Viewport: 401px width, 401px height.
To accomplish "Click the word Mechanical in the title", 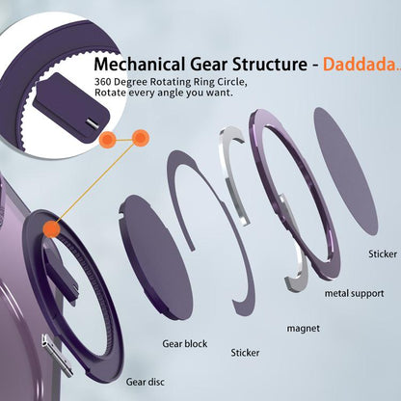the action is [x=140, y=64].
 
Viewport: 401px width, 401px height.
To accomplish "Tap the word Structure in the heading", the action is [x=270, y=64].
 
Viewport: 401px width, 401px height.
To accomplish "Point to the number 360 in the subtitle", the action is [x=102, y=82].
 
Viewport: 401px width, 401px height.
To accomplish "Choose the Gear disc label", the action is [x=146, y=382].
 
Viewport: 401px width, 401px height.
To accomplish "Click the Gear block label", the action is [x=185, y=344].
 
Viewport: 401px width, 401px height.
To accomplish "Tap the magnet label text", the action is [x=304, y=329].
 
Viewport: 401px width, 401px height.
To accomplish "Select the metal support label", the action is [x=355, y=293].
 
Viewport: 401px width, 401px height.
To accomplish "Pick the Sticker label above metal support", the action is [x=383, y=254].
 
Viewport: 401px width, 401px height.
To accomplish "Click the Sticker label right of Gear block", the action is [x=245, y=353].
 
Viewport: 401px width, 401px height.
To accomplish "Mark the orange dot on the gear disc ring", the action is [x=52, y=229].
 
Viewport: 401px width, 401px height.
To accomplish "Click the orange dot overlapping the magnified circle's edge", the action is [x=108, y=140].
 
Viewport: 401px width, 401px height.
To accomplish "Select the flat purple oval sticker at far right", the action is [x=345, y=171].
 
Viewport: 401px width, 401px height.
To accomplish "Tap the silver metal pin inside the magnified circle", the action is [x=92, y=122].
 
